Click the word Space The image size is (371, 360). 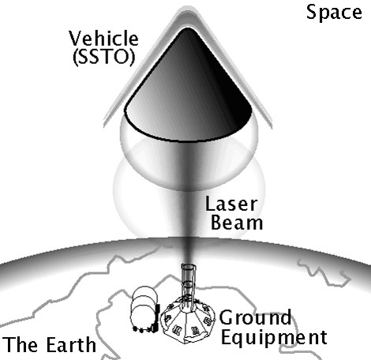(x=334, y=13)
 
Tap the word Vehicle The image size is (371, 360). (x=103, y=39)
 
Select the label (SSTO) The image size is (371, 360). (x=104, y=56)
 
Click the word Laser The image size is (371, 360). (x=231, y=204)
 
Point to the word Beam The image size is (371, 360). (x=237, y=223)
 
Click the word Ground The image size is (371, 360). (x=255, y=317)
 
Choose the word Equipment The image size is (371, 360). (x=274, y=338)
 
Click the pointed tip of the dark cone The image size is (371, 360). (x=187, y=28)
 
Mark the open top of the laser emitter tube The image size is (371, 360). (x=189, y=266)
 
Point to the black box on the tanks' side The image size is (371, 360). (x=157, y=317)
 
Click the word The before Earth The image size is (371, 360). (x=21, y=344)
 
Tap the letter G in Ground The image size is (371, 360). (x=227, y=317)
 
